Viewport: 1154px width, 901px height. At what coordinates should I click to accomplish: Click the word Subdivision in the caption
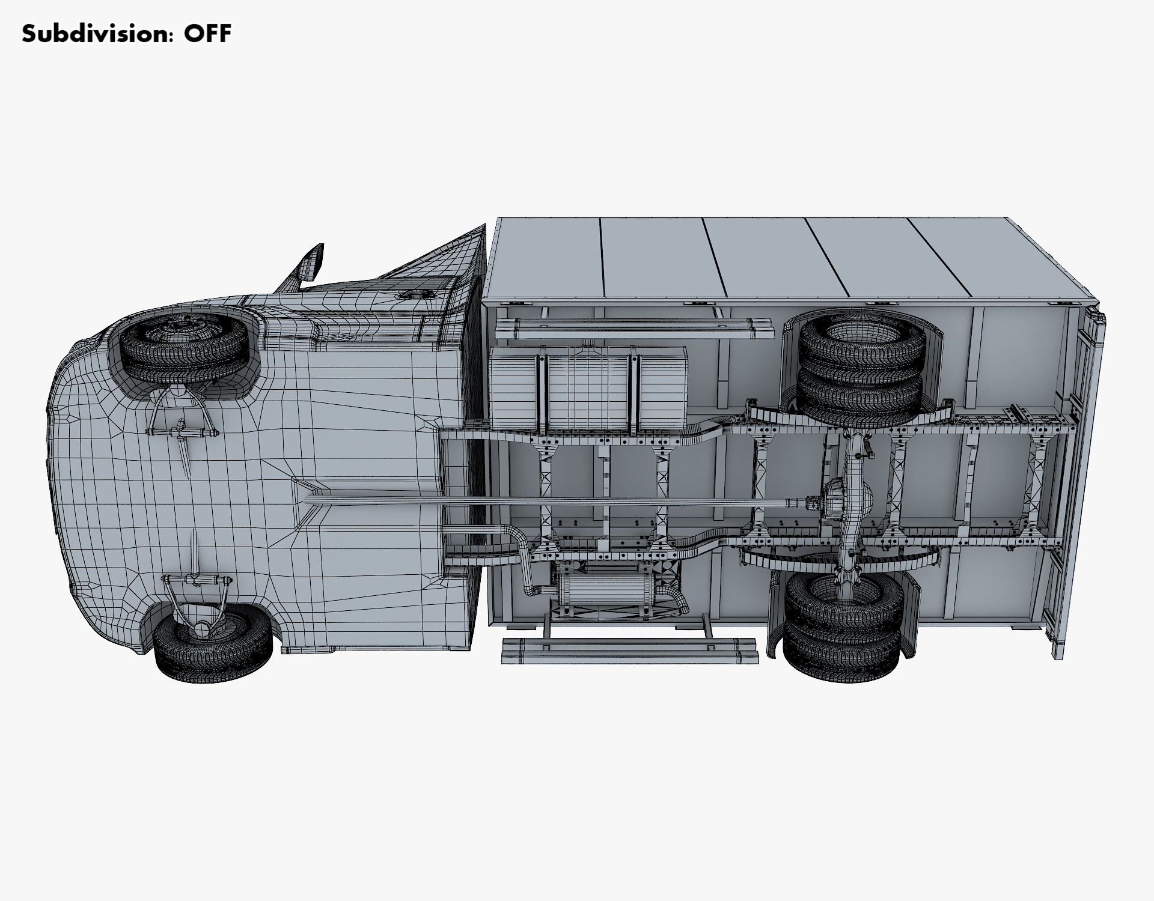tap(95, 34)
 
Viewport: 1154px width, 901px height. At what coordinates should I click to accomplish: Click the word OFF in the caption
tap(207, 34)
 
